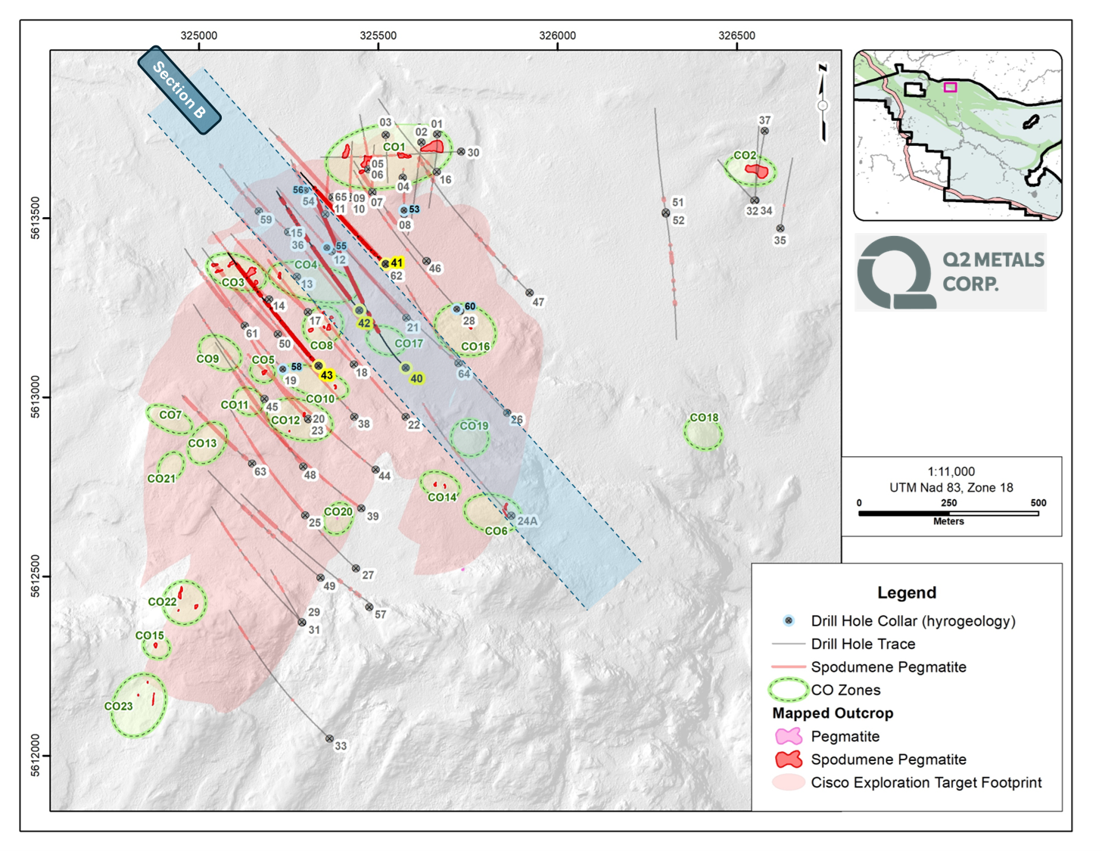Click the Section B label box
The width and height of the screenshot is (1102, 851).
click(x=179, y=90)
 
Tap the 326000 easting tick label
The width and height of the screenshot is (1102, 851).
click(x=557, y=36)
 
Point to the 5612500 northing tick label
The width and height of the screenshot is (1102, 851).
click(x=36, y=576)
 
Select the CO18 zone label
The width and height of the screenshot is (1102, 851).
click(x=703, y=418)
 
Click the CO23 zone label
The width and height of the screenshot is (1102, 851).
click(x=118, y=706)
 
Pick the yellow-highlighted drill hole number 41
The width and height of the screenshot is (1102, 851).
click(x=397, y=263)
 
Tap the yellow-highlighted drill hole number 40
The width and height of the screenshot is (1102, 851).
click(x=416, y=378)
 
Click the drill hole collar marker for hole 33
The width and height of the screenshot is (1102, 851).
click(x=329, y=738)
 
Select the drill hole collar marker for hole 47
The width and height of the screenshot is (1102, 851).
click(x=530, y=293)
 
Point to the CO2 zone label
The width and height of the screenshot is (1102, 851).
click(x=745, y=155)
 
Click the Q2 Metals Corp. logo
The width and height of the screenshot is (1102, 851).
click(x=951, y=272)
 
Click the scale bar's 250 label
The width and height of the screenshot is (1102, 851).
click(x=948, y=503)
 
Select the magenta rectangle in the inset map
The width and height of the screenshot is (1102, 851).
click(x=950, y=87)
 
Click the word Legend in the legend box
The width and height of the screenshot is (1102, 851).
click(x=907, y=592)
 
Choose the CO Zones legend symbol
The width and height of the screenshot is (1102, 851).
click(x=788, y=690)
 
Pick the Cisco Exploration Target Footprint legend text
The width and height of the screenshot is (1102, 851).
click(x=926, y=782)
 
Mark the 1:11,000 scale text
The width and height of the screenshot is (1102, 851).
click(x=951, y=471)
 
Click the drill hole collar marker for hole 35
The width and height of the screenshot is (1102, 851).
click(x=780, y=228)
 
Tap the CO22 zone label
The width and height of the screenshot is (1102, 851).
click(x=162, y=601)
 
